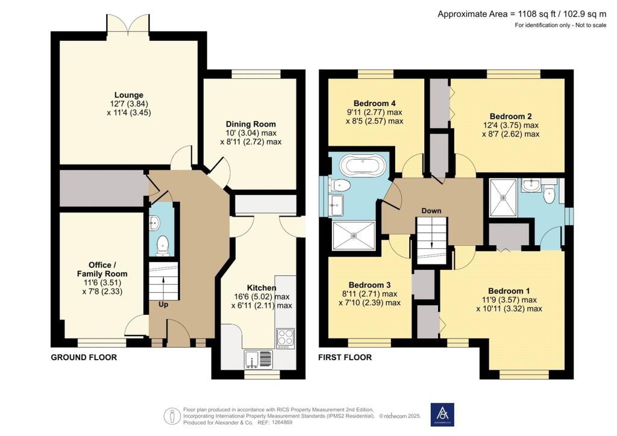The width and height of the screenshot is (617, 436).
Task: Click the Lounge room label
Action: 129,95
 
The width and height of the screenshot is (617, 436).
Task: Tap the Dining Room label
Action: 251,124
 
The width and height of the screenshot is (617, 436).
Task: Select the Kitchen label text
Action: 262,288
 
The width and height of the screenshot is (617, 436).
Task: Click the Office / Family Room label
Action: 102,269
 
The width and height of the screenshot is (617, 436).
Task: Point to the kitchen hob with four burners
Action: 285,338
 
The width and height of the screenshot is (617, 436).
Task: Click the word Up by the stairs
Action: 163,304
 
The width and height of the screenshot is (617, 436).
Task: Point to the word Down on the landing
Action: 431,211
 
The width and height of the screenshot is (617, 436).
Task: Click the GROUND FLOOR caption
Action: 84,357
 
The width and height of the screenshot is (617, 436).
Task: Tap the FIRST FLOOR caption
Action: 345,357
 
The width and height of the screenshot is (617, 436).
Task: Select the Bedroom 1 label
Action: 509,291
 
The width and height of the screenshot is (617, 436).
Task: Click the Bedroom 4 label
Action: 375,104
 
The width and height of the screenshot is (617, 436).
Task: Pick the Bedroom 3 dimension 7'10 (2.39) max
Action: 370,303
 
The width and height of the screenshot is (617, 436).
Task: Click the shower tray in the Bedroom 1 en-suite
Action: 503,198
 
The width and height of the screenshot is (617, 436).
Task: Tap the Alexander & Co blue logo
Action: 442,414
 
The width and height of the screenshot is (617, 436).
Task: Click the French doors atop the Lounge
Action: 128,24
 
